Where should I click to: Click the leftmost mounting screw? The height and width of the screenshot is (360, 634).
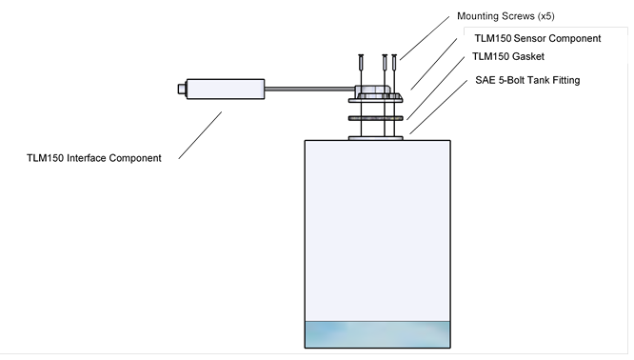pos(361,63)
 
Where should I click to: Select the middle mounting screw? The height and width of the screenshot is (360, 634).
pos(385,63)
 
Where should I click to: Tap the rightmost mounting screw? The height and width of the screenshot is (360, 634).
pos(394,63)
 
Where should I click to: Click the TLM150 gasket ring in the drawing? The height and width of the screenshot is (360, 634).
pos(376,118)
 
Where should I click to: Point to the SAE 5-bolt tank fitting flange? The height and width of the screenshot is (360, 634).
pos(376,138)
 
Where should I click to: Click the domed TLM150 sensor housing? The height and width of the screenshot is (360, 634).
pos(373,90)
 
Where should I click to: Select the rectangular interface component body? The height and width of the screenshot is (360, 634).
pos(226,89)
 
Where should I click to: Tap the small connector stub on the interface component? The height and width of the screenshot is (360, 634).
pos(182,89)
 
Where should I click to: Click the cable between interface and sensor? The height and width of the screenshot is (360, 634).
pos(309,89)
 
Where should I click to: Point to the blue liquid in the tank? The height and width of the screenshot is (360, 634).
pos(377,334)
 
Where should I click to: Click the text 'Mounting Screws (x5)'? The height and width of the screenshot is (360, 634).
pos(505,16)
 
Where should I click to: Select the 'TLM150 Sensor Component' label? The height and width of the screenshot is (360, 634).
pos(537,38)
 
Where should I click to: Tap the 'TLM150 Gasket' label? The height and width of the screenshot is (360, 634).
pos(508,56)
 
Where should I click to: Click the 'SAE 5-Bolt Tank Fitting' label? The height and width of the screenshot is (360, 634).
pos(527,80)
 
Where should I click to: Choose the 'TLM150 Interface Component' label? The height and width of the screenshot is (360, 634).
pos(94,158)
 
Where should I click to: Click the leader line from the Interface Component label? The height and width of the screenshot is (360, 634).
pos(200,135)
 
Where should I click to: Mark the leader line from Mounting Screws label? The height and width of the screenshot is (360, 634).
pos(425,38)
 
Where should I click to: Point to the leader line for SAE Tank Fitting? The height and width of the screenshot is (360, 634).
pos(438,107)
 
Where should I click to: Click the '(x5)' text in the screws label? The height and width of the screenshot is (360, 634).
pos(545,16)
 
